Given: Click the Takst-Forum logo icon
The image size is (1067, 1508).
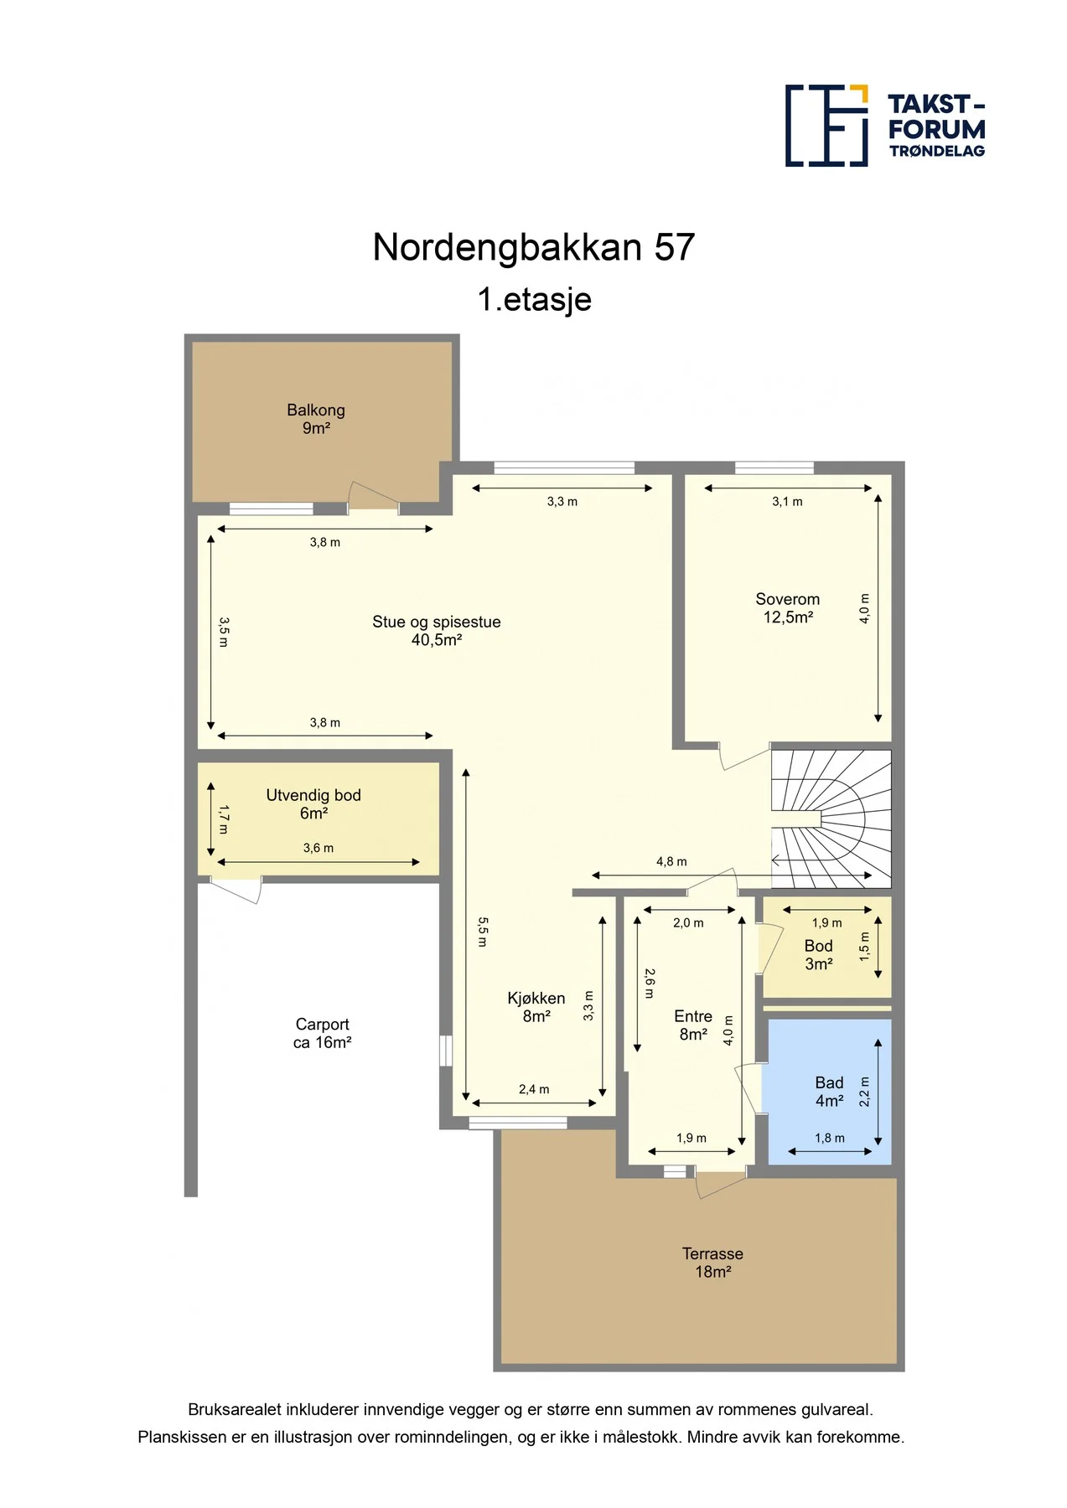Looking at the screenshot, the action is [826, 125].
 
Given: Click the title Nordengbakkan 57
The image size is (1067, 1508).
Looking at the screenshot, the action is [534, 247].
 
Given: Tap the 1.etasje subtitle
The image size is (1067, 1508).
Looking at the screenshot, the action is [534, 299].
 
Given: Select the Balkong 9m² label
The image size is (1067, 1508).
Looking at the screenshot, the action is [316, 419].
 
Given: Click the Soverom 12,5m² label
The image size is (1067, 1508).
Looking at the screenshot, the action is [788, 608].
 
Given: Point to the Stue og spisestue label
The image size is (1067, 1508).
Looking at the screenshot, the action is [437, 622].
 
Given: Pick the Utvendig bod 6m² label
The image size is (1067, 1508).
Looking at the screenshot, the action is [313, 804].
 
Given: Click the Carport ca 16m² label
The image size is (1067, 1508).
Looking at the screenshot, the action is [322, 1033].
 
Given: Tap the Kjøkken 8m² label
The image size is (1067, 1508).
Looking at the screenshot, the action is [536, 1007].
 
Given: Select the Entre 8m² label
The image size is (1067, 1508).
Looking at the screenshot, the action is [693, 1025].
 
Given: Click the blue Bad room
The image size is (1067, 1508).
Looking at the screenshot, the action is [829, 1091].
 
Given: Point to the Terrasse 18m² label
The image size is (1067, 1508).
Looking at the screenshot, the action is [712, 1263].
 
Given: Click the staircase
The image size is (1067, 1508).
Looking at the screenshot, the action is [831, 819].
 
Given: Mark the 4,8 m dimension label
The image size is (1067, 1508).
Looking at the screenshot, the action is [671, 861].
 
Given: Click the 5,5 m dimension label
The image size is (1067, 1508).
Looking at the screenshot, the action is [483, 932].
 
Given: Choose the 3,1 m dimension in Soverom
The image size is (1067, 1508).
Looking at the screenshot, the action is [787, 502].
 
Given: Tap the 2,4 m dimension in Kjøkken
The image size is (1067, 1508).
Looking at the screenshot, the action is [534, 1089].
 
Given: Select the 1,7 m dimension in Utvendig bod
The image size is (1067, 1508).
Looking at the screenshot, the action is [224, 819].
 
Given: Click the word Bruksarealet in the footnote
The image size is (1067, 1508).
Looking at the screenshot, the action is [236, 1410].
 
